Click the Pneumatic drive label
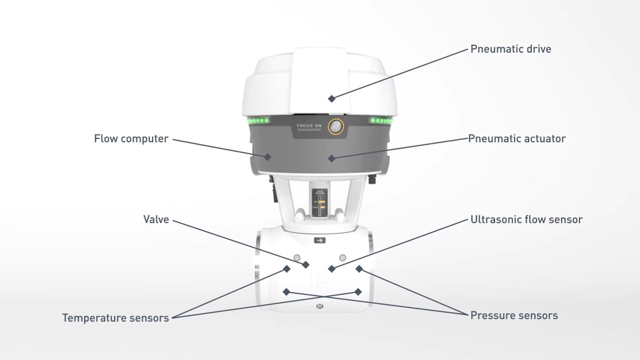tap(510, 49)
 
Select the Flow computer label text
tap(131, 139)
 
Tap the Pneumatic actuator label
tap(517, 139)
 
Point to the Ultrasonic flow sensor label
tap(526, 219)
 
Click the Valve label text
tap(156, 219)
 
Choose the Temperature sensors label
tap(116, 318)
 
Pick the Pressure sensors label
tap(514, 315)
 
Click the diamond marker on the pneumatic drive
tap(332, 99)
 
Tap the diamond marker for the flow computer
tap(268, 157)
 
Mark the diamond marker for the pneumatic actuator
tap(332, 158)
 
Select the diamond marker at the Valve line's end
tap(306, 265)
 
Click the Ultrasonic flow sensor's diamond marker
tap(332, 269)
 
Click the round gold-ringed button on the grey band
tap(336, 126)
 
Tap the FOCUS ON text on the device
tap(310, 127)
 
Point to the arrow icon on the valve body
tap(319, 241)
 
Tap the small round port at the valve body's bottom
tap(319, 306)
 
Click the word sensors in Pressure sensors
tap(539, 315)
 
